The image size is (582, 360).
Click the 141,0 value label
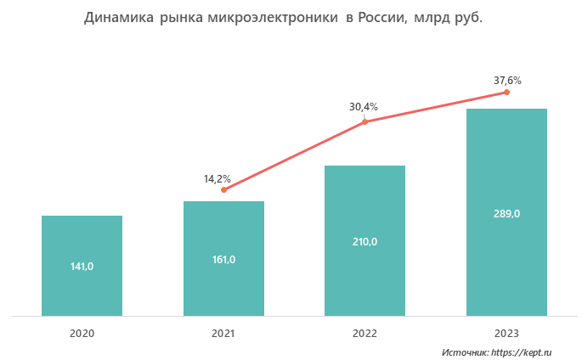82,267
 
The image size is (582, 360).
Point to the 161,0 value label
223,259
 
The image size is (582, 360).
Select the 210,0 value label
364,242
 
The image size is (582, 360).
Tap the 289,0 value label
506,213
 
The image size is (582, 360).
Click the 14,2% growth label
218,178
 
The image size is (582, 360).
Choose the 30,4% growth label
364,107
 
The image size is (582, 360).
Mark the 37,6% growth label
507,81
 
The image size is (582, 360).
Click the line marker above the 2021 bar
223,189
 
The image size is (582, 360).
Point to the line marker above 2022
364,122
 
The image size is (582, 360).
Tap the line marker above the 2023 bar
506,92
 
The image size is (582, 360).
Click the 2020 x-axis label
82,333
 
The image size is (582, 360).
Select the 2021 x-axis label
223,333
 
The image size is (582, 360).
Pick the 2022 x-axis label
364,333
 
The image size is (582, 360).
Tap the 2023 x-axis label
506,333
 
